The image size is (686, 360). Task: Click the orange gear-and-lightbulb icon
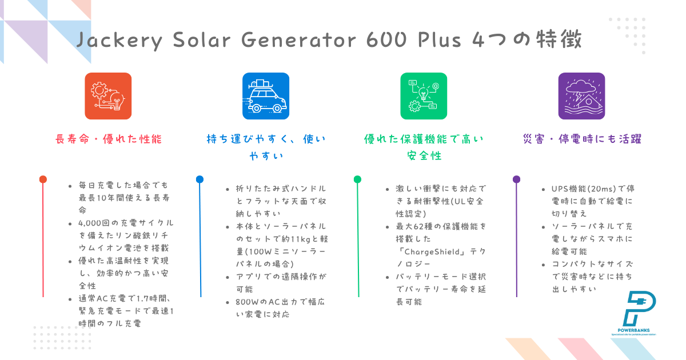pyautogui.click(x=108, y=96)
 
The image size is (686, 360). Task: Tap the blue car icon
pyautogui.click(x=266, y=96)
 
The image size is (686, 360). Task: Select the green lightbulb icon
pyautogui.click(x=424, y=96)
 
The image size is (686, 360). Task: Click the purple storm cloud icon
pyautogui.click(x=581, y=96)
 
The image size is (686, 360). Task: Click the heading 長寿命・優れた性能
pyautogui.click(x=108, y=139)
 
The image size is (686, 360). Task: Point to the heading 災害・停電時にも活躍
pyautogui.click(x=581, y=139)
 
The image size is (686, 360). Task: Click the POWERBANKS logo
pyautogui.click(x=633, y=314)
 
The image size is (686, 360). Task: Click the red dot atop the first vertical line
pyautogui.click(x=43, y=179)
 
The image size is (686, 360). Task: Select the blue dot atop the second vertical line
pyautogui.click(x=200, y=179)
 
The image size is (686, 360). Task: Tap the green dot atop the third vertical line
pyautogui.click(x=358, y=179)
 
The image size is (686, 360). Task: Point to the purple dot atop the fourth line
pyautogui.click(x=516, y=179)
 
